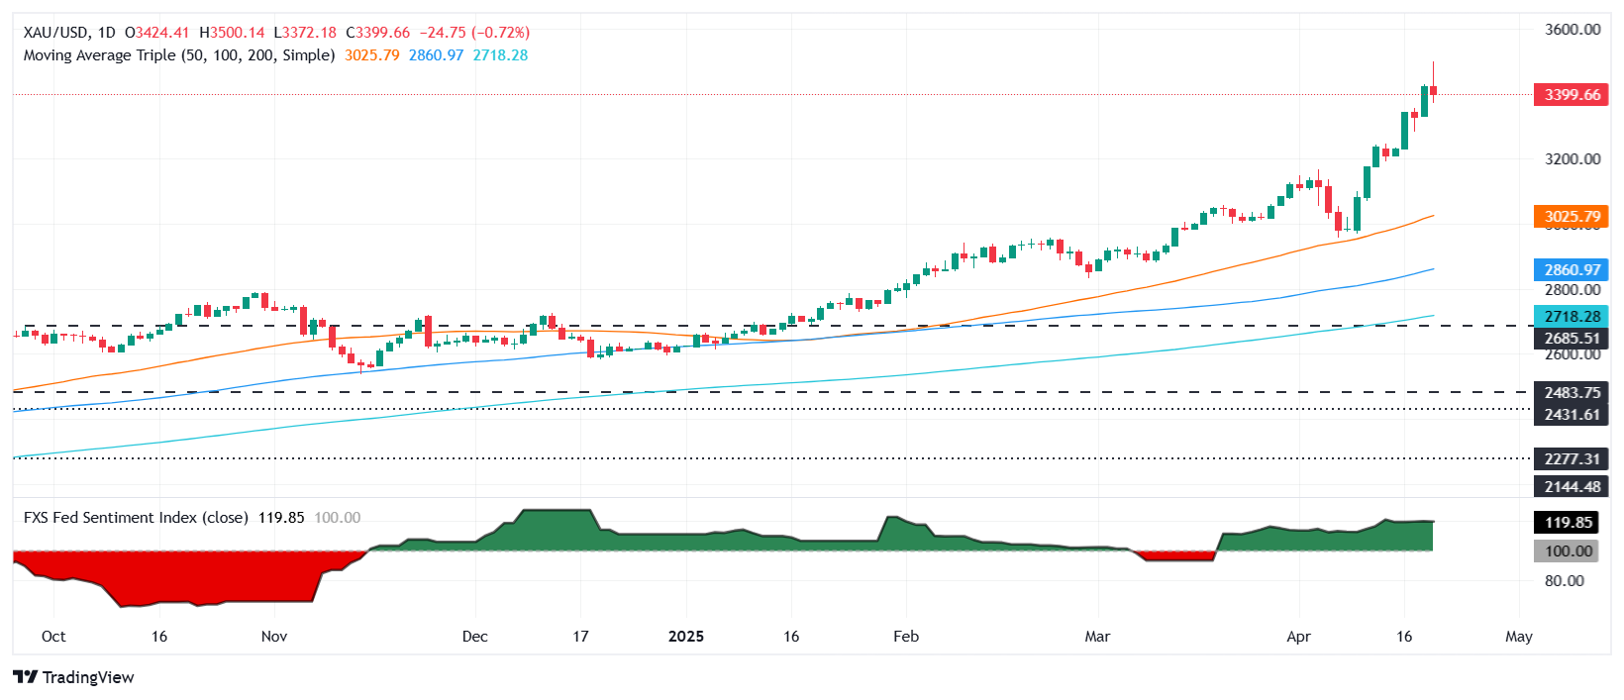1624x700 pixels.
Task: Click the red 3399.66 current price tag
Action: [1571, 95]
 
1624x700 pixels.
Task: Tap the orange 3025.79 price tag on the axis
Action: [1571, 216]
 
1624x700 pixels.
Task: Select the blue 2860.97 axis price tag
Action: [1571, 269]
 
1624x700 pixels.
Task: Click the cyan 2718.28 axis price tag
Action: [1571, 317]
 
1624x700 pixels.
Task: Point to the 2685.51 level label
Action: [1571, 339]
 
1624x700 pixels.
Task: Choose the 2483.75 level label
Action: [1571, 392]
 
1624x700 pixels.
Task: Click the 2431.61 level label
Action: [1571, 414]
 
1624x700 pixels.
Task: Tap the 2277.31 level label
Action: [1571, 458]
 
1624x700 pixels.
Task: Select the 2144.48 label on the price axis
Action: [1571, 486]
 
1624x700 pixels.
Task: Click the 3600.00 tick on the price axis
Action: [1573, 30]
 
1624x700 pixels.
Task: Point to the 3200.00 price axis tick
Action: [1573, 158]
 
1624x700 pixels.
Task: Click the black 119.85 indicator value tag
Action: [1571, 523]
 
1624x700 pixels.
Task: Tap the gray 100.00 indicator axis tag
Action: [1571, 551]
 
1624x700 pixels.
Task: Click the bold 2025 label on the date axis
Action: [686, 637]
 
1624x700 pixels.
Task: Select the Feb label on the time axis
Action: [906, 637]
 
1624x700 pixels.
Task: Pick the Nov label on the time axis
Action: [274, 637]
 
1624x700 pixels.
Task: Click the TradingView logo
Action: [74, 677]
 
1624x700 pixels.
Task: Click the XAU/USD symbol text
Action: [56, 33]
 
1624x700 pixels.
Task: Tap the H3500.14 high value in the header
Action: [233, 33]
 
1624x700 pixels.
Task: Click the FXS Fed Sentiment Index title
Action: [136, 518]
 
